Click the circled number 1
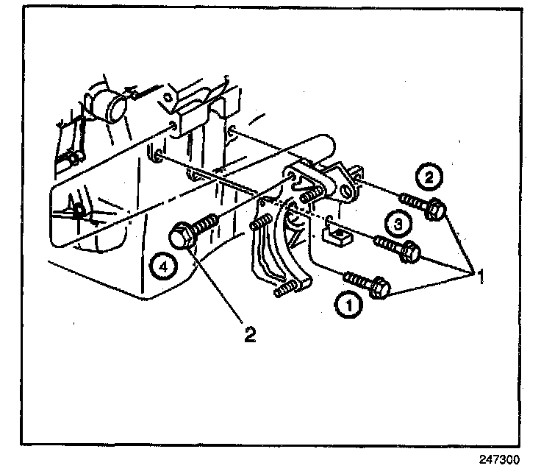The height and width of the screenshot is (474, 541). click(349, 304)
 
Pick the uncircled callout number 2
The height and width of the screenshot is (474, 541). click(250, 335)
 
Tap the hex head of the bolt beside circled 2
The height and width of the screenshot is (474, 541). click(434, 210)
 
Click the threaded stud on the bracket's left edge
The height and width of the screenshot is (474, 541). click(262, 222)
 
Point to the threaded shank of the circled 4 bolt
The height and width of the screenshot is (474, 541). click(206, 222)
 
